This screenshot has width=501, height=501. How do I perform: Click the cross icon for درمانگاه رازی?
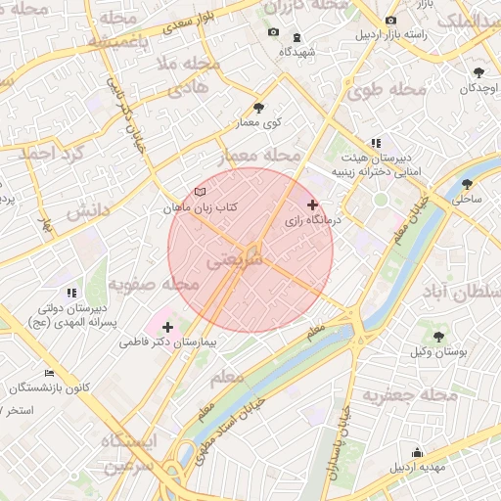pyautogui.click(x=312, y=205)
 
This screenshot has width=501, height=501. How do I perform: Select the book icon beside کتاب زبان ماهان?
pyautogui.click(x=201, y=192)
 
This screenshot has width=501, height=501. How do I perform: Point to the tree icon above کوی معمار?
pyautogui.click(x=258, y=108)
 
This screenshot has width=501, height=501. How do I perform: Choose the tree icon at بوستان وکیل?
pyautogui.click(x=439, y=336)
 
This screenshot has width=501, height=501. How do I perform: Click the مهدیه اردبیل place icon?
pyautogui.click(x=418, y=452)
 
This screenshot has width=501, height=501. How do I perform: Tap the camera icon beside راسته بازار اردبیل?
pyautogui.click(x=391, y=21)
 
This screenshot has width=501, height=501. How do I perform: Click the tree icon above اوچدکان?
pyautogui.click(x=478, y=72)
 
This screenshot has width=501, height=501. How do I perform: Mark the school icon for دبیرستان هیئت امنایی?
pyautogui.click(x=375, y=143)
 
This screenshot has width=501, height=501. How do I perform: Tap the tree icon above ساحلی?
pyautogui.click(x=467, y=183)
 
